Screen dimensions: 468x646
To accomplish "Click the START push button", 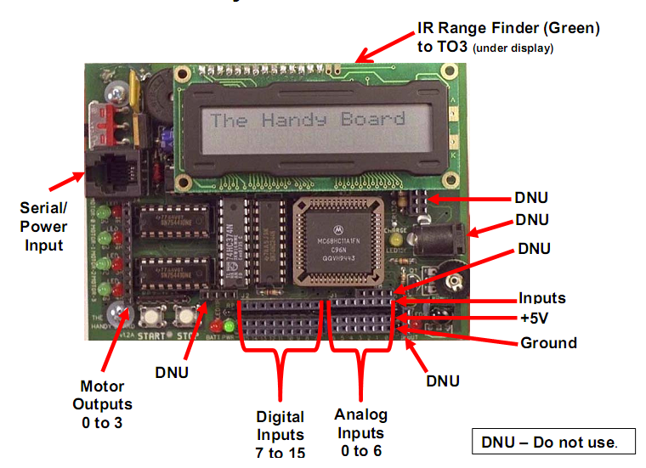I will click(154, 318).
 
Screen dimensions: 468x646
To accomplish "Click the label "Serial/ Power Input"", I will click(43, 227).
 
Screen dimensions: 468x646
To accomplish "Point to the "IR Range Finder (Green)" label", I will click(508, 28).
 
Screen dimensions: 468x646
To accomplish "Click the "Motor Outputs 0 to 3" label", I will click(102, 403).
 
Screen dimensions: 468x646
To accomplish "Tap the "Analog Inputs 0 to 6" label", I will click(361, 432).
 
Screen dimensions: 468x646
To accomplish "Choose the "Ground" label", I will click(547, 343).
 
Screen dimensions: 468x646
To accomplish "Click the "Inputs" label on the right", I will click(542, 298).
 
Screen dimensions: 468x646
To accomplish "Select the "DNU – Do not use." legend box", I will click(552, 442).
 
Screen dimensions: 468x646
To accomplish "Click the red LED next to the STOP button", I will click(217, 327).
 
